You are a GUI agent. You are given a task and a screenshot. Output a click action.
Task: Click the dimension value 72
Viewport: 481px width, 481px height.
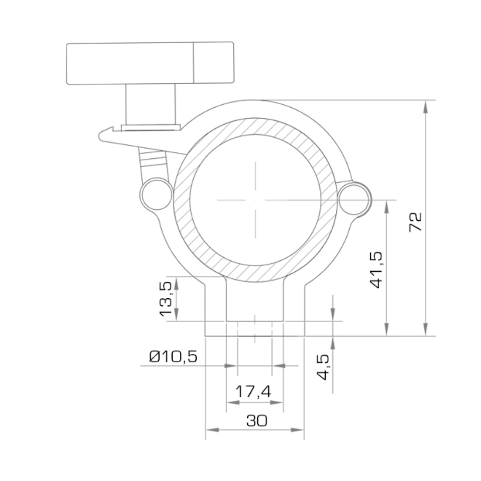(x=416, y=222)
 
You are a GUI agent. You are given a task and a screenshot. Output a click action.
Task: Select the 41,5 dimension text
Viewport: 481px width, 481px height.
(x=377, y=270)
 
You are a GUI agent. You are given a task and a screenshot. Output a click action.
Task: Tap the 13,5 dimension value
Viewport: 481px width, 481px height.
(x=165, y=299)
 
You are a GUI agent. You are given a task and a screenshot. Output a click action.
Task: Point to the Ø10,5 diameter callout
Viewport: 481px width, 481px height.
(x=173, y=356)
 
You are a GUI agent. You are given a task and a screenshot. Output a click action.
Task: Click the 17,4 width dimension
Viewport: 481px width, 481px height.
(x=253, y=392)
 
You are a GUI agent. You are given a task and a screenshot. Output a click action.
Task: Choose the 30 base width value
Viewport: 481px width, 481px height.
(x=257, y=420)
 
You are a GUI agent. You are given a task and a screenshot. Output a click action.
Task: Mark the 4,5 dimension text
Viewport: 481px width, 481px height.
(x=323, y=367)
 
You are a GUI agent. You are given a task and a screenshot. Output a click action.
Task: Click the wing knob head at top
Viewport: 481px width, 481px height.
(x=150, y=63)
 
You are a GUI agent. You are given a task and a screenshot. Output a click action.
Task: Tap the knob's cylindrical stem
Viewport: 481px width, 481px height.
(x=151, y=104)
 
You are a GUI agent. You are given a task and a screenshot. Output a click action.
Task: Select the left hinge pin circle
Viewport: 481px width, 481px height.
(x=157, y=194)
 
